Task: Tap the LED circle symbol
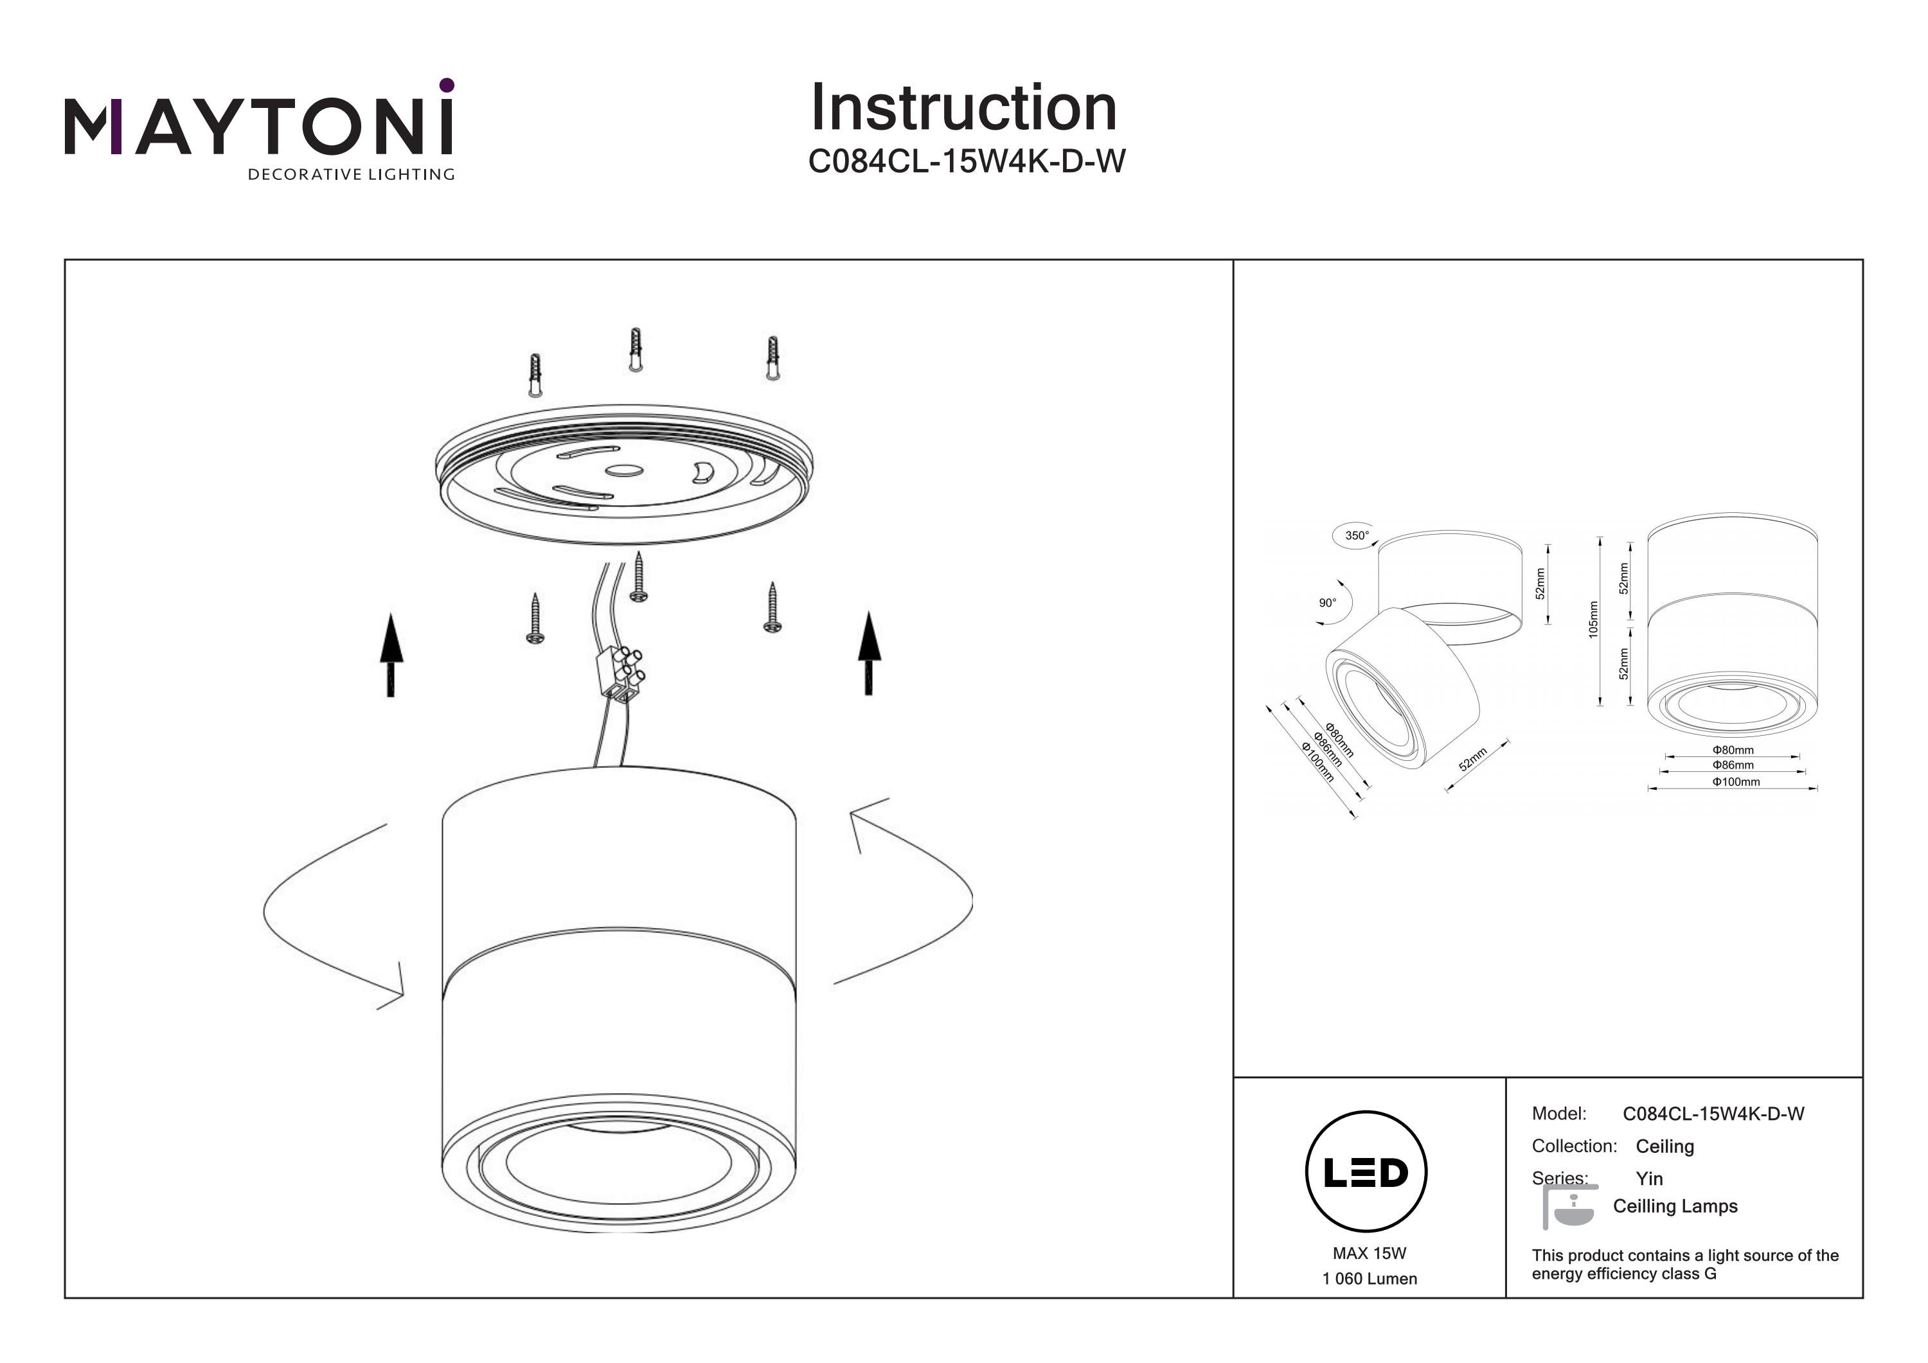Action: pos(1366,1172)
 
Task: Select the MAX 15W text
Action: pos(1369,1253)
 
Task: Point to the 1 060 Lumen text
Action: pos(1369,1279)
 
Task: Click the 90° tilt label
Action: pos(1326,603)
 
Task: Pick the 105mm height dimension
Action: pos(1593,619)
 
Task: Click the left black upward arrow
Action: pos(391,654)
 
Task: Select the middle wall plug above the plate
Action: pos(636,350)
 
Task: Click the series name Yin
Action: pos(1648,1178)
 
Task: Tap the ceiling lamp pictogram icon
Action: pos(1569,1207)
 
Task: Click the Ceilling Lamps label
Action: pos(1674,1206)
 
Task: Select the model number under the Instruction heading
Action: pos(966,161)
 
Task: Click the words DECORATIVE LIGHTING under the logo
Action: pos(350,175)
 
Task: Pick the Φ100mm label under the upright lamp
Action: pos(1736,782)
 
